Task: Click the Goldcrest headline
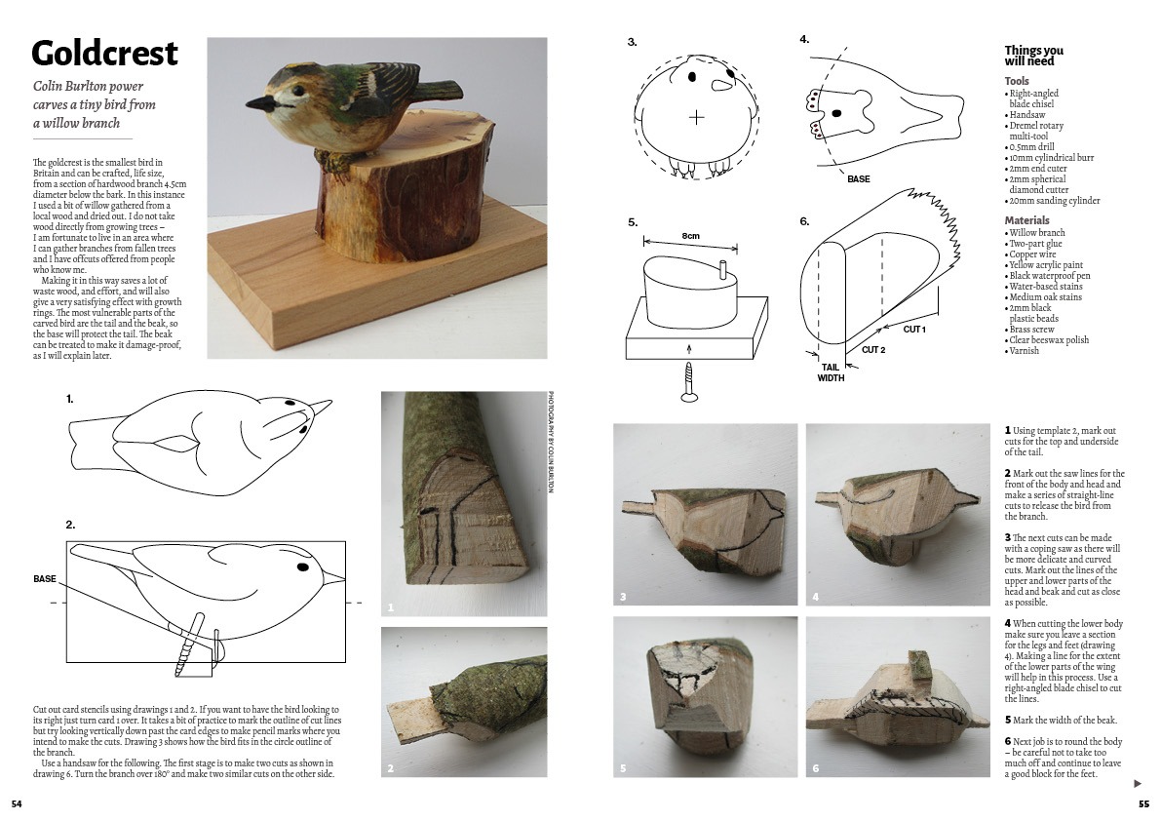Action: (104, 54)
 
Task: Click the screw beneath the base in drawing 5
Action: (689, 382)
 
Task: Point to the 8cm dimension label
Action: (690, 236)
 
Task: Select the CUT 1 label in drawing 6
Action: (914, 329)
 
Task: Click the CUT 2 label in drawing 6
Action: (873, 349)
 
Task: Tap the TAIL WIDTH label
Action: (831, 372)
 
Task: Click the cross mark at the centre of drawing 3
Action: (696, 117)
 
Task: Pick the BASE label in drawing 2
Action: (45, 579)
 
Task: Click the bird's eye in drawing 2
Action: (302, 567)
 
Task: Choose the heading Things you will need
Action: (1033, 56)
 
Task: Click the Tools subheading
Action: (1017, 81)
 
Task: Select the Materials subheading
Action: (1026, 219)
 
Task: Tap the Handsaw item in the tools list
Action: (1027, 115)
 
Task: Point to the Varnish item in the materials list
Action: (1024, 351)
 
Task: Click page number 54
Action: (17, 804)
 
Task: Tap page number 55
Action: (1144, 804)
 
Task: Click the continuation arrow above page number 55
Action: (1138, 783)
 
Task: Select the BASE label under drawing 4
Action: (859, 179)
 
